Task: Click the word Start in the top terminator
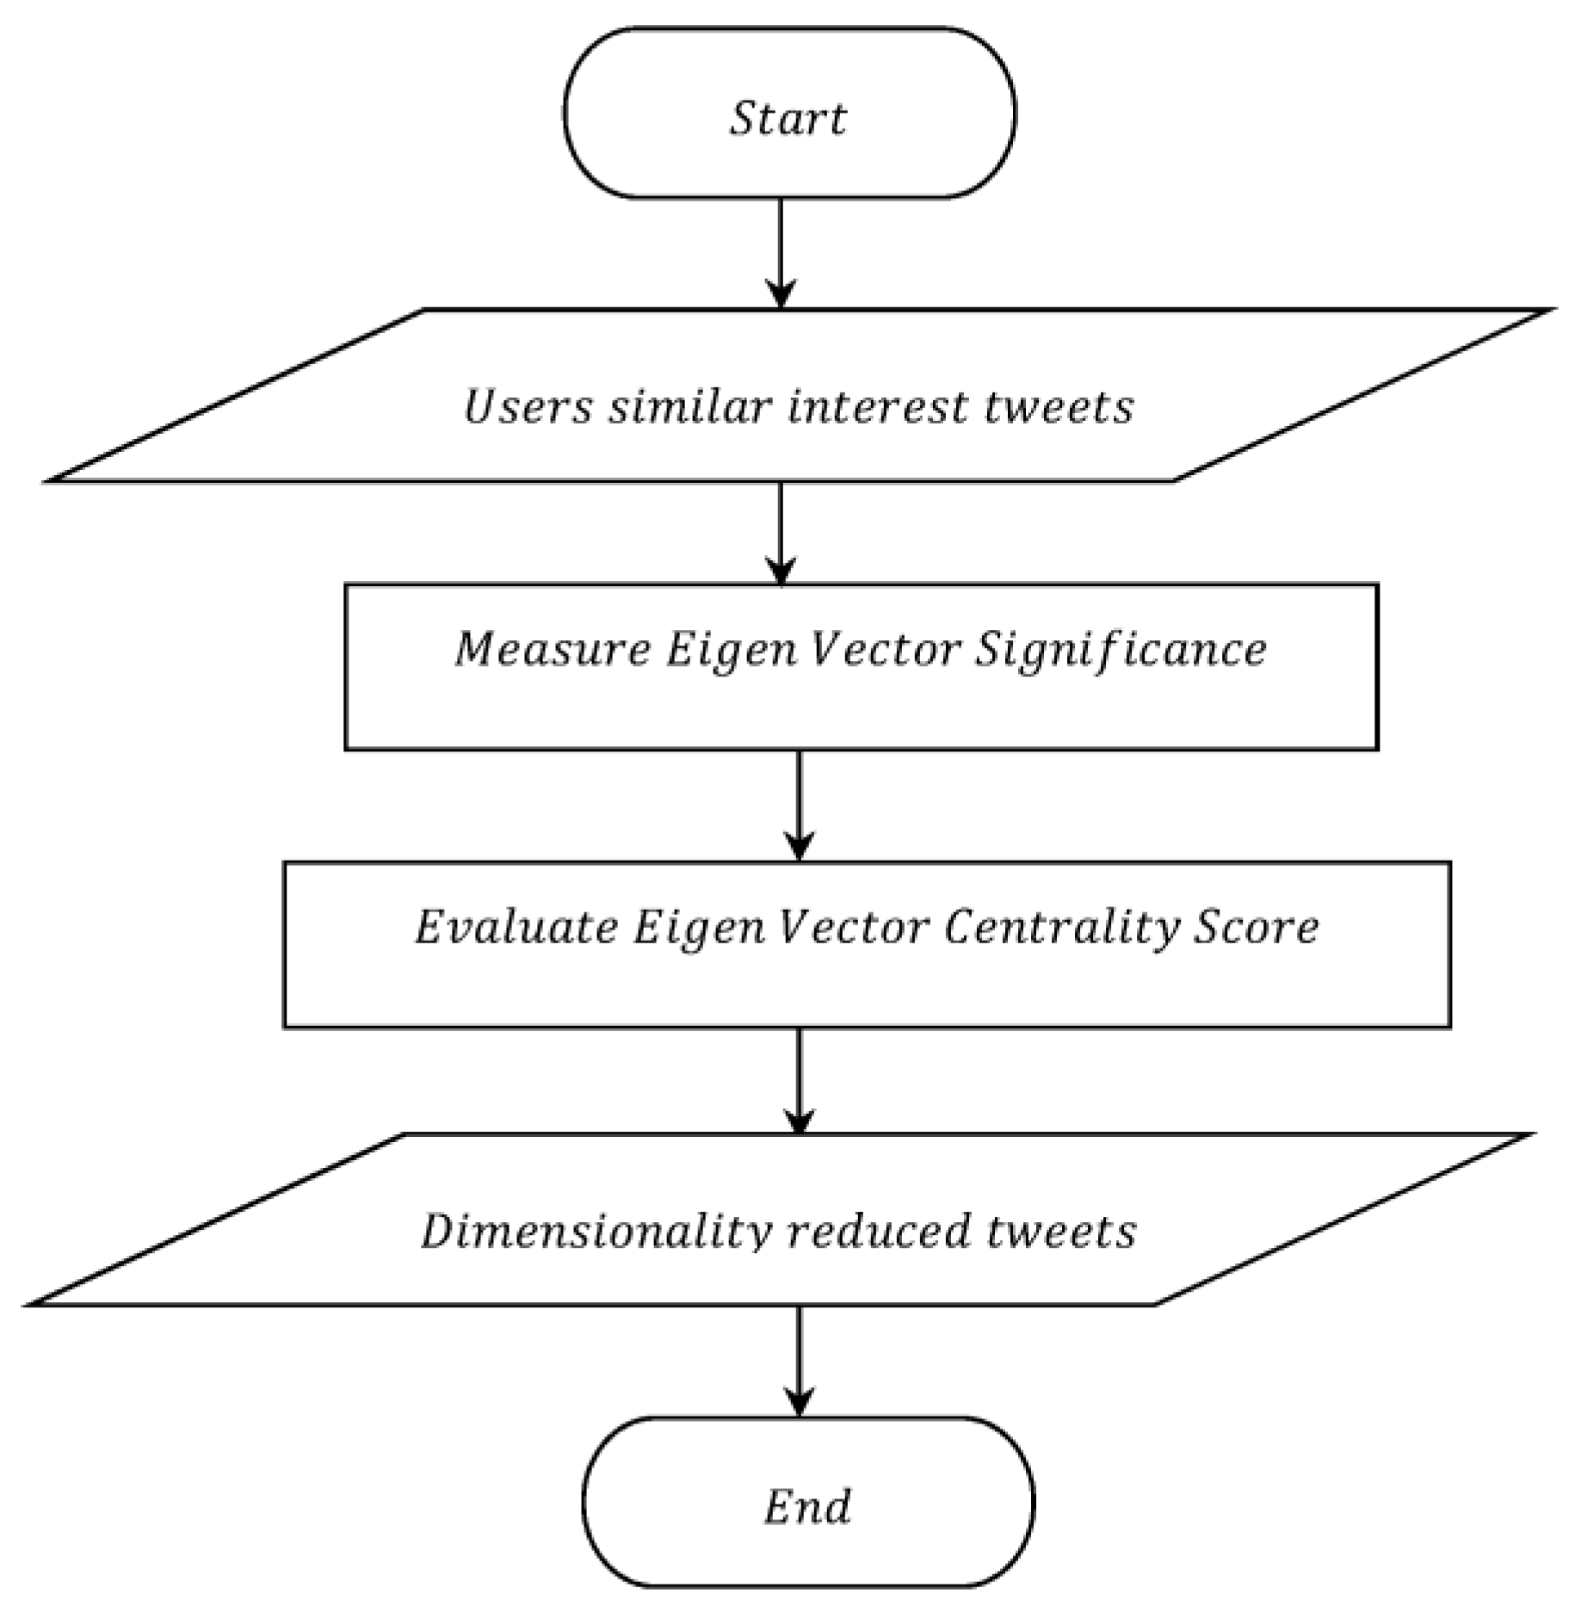pyautogui.click(x=787, y=118)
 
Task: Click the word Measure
pyautogui.click(x=552, y=648)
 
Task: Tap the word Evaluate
pyautogui.click(x=516, y=927)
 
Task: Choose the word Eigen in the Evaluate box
pyautogui.click(x=698, y=927)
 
